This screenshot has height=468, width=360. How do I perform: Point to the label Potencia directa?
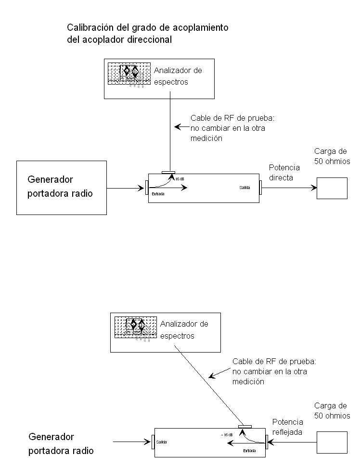(x=284, y=173)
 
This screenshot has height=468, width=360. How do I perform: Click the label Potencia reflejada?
(x=287, y=427)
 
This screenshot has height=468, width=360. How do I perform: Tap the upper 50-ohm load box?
(x=332, y=188)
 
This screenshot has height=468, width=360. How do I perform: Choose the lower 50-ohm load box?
(x=332, y=442)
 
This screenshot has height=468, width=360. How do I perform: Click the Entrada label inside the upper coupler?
(x=157, y=194)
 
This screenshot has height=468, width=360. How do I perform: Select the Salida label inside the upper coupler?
(x=245, y=187)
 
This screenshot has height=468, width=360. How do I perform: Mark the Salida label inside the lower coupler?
(x=161, y=441)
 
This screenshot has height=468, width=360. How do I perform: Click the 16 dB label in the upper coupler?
(x=180, y=179)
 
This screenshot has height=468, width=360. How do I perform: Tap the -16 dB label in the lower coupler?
(x=227, y=435)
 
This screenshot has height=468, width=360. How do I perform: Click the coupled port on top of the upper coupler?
(x=169, y=172)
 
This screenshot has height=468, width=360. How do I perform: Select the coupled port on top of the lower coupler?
(x=245, y=426)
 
